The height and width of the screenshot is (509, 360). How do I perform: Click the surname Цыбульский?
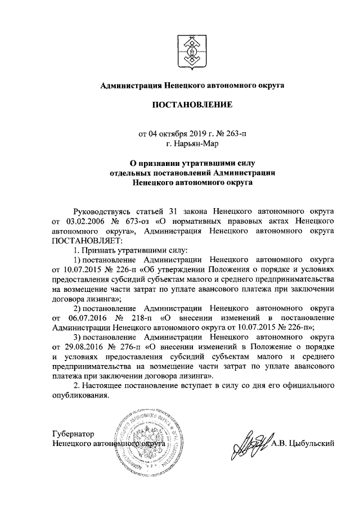[x=312, y=443]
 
